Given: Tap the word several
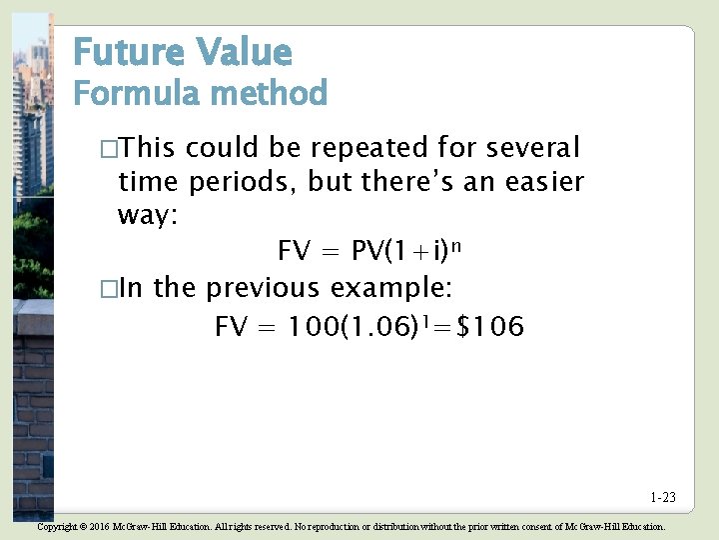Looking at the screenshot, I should click(x=532, y=149).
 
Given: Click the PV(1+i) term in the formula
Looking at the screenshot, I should click(x=399, y=251).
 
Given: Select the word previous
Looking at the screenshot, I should click(x=264, y=289).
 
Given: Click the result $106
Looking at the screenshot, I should click(x=489, y=327).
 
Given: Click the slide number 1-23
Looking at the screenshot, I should click(x=662, y=497).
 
